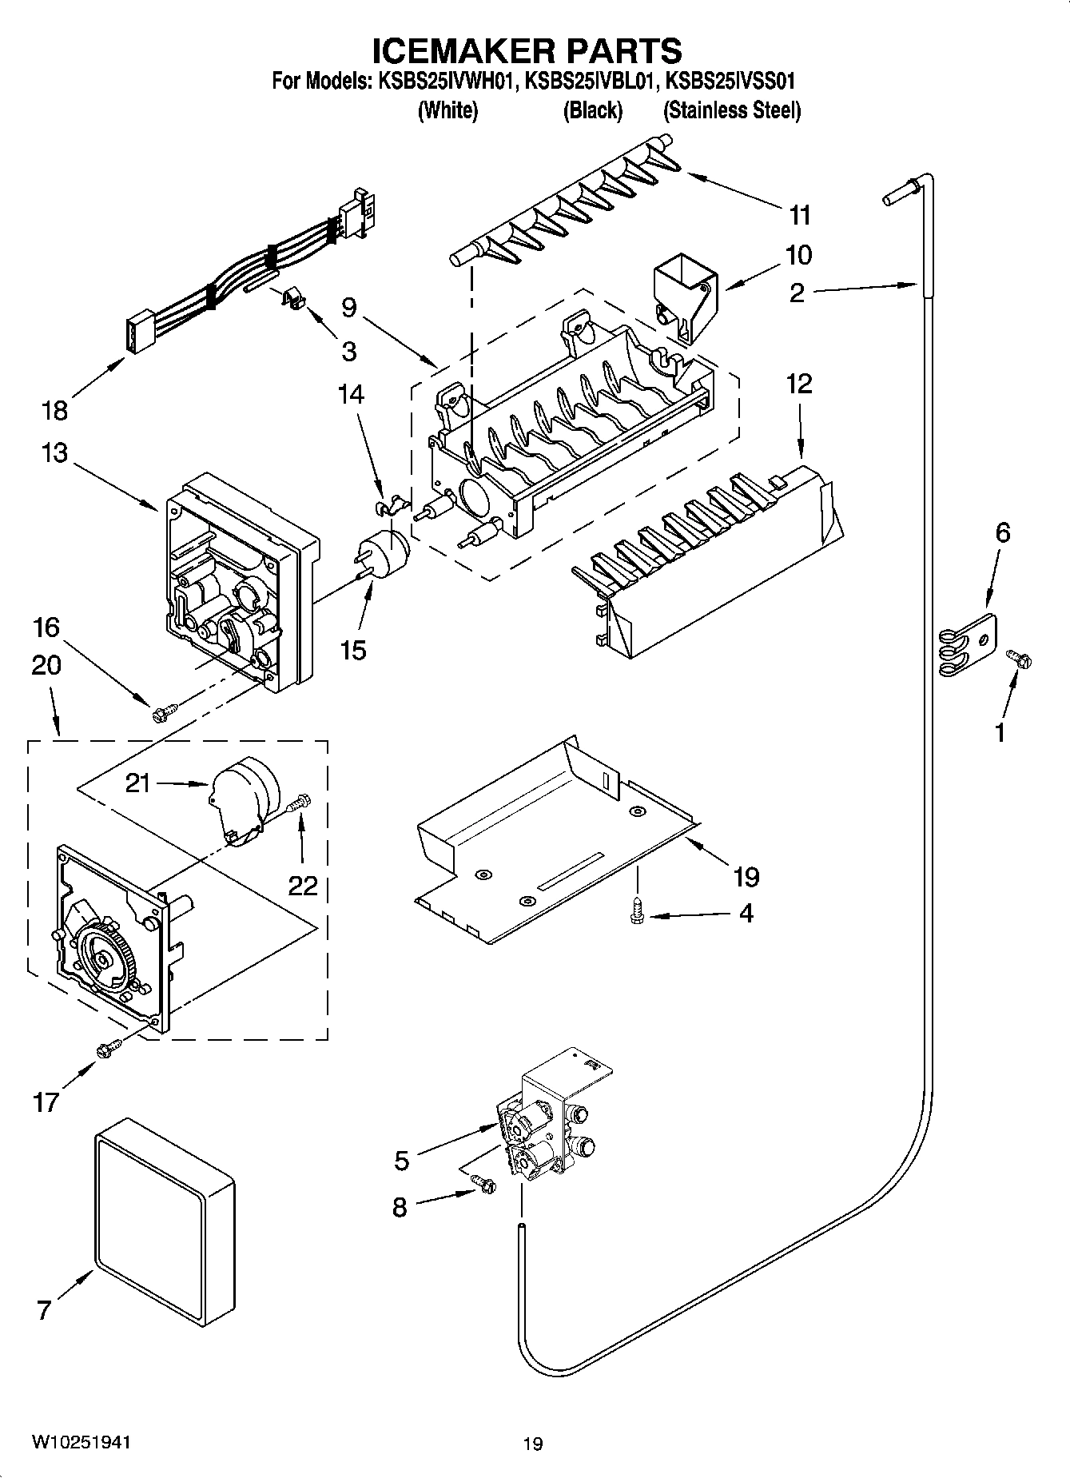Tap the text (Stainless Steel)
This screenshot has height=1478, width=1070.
click(x=731, y=110)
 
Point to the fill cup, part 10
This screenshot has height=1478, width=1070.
click(x=684, y=297)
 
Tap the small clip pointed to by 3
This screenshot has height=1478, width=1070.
click(x=293, y=300)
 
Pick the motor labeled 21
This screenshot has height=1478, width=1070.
click(x=245, y=796)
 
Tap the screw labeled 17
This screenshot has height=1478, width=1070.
click(x=108, y=1049)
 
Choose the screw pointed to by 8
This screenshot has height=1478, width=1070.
click(x=482, y=1184)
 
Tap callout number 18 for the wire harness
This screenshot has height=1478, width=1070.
click(x=55, y=411)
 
